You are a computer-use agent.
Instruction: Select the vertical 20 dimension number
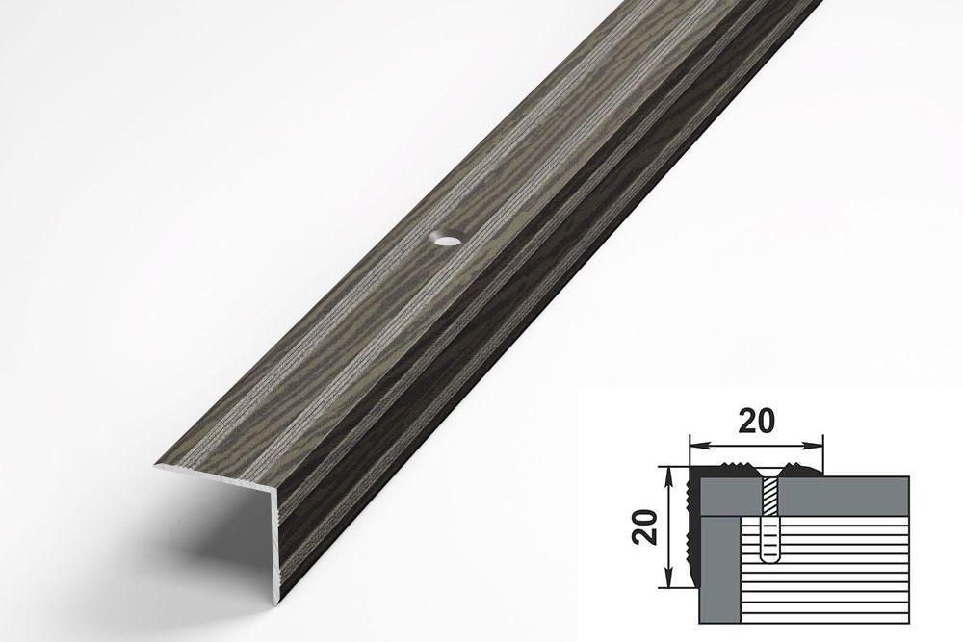click(x=645, y=527)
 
